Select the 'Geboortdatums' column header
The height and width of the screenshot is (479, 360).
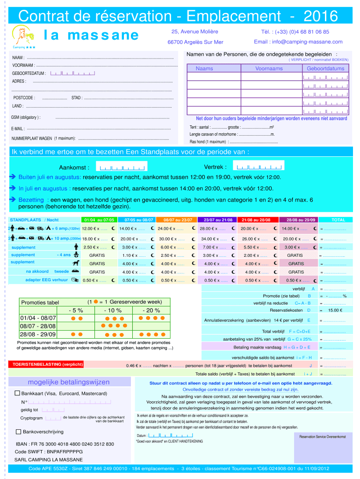[325, 68]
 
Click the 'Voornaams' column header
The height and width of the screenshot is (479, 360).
[269, 68]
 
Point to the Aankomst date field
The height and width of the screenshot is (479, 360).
[121, 167]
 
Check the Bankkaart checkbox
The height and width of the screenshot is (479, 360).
[18, 393]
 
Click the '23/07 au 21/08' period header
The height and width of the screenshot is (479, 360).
[217, 219]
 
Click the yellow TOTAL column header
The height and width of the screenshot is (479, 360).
[338, 219]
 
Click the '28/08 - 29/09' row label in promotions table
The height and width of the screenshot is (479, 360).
[38, 334]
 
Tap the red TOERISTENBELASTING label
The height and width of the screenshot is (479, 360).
[47, 364]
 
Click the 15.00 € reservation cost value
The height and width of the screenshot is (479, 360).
[335, 310]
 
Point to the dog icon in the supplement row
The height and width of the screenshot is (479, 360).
[76, 263]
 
